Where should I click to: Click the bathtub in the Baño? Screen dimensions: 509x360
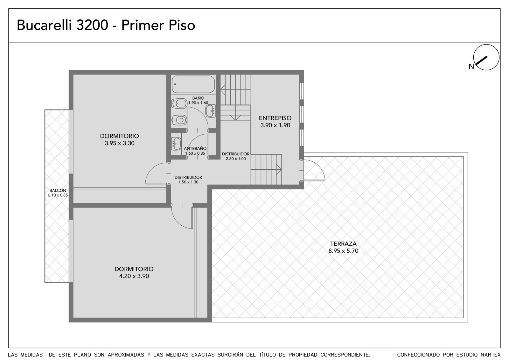point(193,84)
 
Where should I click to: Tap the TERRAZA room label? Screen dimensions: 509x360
point(343,244)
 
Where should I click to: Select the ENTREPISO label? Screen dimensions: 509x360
point(275,118)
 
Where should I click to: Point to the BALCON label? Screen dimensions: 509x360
point(58,191)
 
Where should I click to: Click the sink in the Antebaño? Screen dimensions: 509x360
point(176,144)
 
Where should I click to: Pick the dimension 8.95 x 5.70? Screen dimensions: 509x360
point(343,251)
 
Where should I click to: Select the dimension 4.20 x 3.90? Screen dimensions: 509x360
point(134,276)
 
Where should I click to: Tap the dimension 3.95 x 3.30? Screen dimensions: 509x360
point(120,143)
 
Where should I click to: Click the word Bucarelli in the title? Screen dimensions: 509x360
point(44,25)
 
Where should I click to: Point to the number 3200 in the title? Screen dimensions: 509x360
point(92,25)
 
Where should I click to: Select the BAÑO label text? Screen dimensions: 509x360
point(198,98)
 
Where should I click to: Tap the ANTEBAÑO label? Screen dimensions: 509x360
point(195,149)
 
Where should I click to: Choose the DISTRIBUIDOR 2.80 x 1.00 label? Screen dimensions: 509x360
point(236,156)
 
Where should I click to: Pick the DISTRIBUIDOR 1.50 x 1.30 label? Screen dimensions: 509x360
point(188,180)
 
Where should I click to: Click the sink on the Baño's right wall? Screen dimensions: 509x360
point(211,111)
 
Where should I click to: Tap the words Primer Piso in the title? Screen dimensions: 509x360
point(158,25)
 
